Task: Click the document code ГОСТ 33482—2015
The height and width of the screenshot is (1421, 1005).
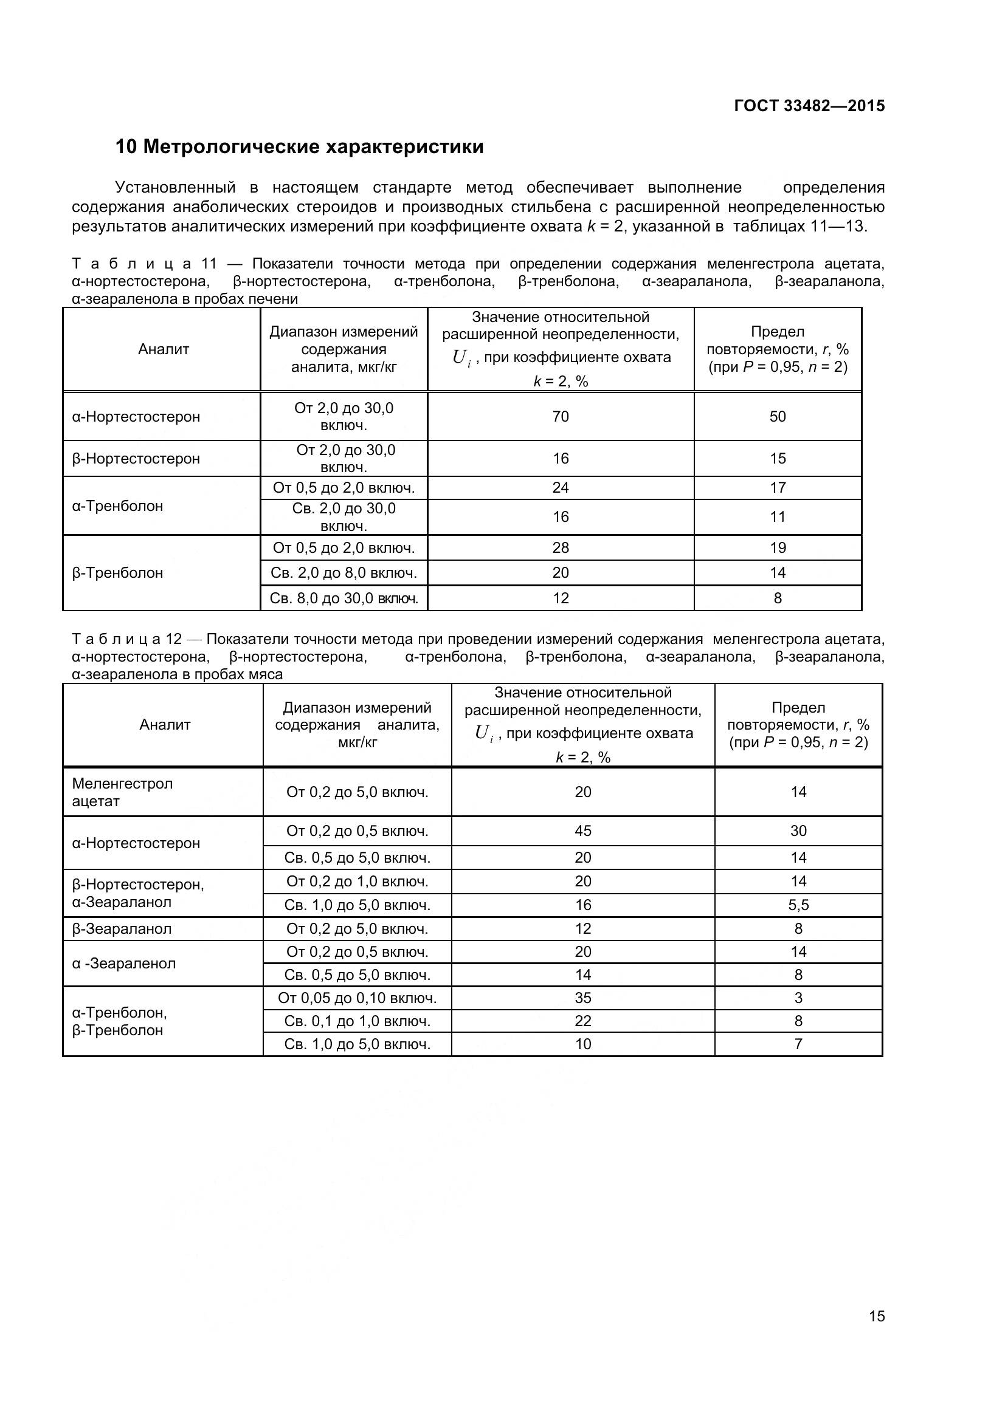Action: [809, 106]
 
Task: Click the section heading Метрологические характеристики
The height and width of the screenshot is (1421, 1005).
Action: [299, 147]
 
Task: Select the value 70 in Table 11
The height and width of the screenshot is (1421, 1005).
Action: [560, 417]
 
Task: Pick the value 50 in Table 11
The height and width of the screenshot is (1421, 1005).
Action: [777, 417]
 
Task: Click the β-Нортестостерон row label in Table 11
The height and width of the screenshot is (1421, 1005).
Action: [136, 459]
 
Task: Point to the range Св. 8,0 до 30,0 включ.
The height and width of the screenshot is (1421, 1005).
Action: [344, 598]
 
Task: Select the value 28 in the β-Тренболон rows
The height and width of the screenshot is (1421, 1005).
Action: [560, 548]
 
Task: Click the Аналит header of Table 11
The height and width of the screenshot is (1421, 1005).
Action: [164, 349]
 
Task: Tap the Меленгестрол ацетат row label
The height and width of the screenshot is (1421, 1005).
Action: [123, 792]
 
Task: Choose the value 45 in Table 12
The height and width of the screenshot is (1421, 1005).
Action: [582, 830]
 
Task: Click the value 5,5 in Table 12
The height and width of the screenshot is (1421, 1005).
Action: [798, 905]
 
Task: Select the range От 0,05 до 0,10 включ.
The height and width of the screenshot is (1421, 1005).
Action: [357, 998]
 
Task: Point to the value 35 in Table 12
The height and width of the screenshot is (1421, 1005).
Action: [582, 998]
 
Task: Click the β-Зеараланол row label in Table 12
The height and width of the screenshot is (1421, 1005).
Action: [122, 928]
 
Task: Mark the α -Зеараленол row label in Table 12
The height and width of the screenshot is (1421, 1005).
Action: [124, 963]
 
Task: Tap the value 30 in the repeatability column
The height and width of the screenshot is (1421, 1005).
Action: [798, 830]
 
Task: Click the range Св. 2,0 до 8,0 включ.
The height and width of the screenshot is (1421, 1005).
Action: [344, 573]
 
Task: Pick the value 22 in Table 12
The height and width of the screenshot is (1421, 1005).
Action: [582, 1021]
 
